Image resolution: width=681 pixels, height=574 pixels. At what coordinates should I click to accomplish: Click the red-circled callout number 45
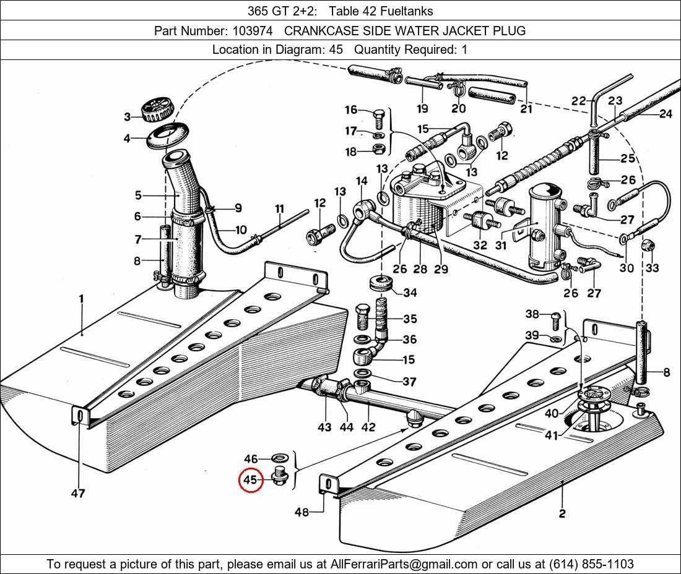[x=250, y=479]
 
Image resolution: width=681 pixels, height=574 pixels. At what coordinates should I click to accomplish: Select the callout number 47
[x=77, y=493]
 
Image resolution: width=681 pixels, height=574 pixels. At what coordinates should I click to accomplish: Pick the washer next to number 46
[x=280, y=459]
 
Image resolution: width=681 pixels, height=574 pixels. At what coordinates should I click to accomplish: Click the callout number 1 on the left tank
[x=81, y=299]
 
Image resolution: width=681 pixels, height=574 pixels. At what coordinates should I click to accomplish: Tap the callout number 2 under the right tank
[x=562, y=513]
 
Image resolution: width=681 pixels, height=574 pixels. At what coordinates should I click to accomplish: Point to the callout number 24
[x=666, y=113]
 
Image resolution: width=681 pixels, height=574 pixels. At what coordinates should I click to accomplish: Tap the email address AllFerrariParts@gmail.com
[x=404, y=563]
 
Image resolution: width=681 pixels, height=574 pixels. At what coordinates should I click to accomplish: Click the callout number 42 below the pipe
[x=368, y=426]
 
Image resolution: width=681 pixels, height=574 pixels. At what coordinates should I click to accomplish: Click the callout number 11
[x=279, y=208]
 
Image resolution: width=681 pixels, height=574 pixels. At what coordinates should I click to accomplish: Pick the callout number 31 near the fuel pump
[x=500, y=245]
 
